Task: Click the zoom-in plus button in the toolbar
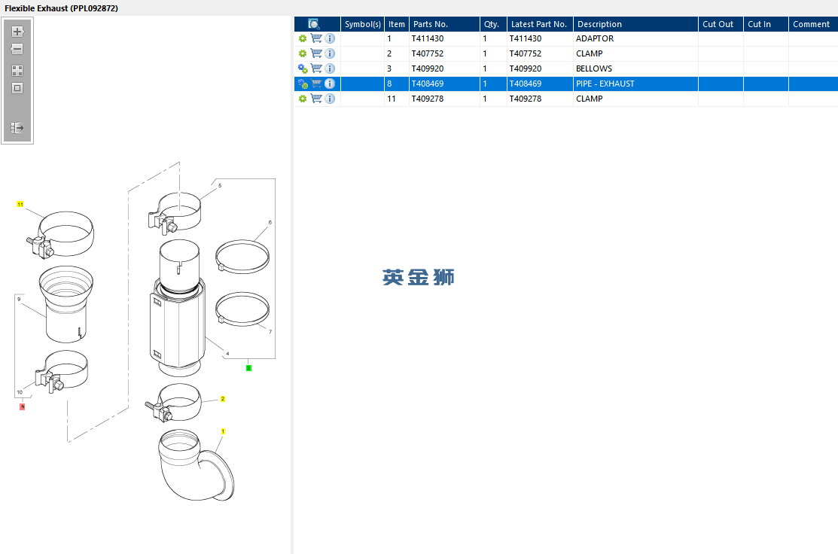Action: point(17,32)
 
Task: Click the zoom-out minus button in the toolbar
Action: point(17,49)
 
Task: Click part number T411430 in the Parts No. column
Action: point(427,38)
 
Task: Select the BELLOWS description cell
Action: point(594,68)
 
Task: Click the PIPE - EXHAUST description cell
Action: point(605,84)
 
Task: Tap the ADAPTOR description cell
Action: point(595,38)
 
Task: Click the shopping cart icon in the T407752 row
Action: point(316,53)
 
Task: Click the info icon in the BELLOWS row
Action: point(330,68)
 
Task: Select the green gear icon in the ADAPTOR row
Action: point(303,38)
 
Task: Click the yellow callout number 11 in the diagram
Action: point(20,205)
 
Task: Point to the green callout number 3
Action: point(248,368)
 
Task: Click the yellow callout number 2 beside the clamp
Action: point(223,399)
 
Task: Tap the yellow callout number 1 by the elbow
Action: point(223,431)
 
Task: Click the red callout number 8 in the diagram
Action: point(23,406)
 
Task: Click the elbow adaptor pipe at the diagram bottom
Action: point(196,465)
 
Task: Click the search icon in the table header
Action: point(314,24)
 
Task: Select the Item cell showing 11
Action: point(392,99)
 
